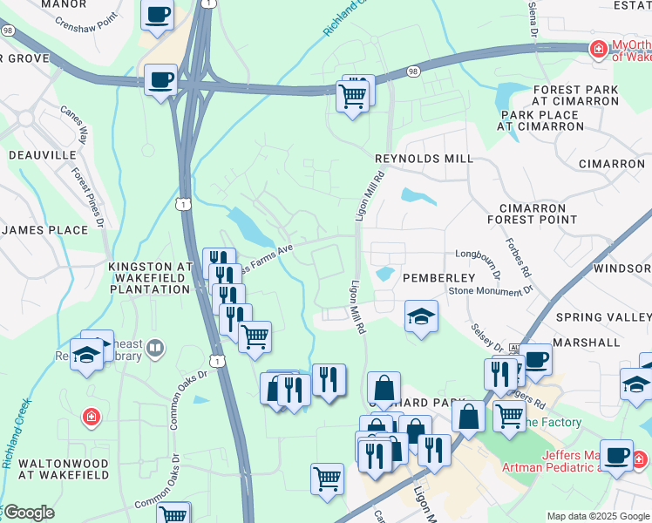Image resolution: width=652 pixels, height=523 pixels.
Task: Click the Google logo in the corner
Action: coord(29,513)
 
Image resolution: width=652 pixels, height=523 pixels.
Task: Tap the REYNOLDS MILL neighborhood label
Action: coord(424,159)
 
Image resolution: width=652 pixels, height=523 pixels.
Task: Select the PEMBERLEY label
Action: coord(438,277)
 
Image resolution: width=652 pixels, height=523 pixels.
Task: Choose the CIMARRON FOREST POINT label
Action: coord(538,214)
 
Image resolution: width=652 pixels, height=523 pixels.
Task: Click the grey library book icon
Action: coord(155,350)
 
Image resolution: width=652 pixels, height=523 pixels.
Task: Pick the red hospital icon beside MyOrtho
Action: coord(599,49)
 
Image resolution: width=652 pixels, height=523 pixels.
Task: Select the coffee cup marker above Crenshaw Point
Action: coord(158,14)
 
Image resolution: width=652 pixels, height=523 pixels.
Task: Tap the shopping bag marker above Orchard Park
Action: coord(383,388)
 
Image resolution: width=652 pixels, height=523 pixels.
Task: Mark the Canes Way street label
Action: coord(74,124)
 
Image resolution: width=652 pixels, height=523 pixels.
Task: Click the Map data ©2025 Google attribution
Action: coord(598,516)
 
